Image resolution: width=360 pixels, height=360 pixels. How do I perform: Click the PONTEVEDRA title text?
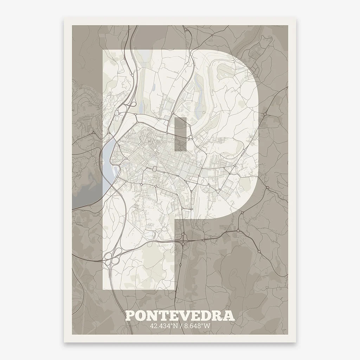[180, 315]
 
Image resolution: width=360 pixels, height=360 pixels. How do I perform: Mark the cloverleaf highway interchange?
[115, 257]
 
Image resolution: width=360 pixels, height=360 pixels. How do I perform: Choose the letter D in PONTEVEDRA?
[206, 315]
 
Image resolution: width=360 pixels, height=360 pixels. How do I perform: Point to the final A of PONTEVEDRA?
[228, 315]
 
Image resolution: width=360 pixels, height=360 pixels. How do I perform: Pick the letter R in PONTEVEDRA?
[217, 315]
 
